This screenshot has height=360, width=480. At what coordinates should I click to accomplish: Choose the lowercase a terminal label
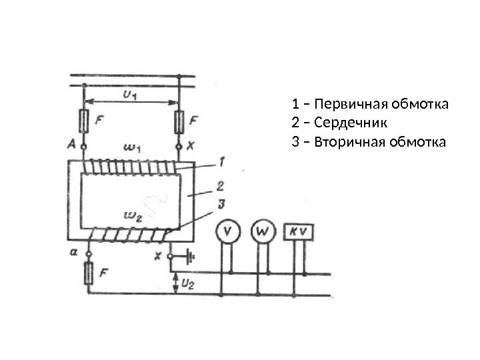click(73, 253)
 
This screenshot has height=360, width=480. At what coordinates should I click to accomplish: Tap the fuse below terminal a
click(87, 273)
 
